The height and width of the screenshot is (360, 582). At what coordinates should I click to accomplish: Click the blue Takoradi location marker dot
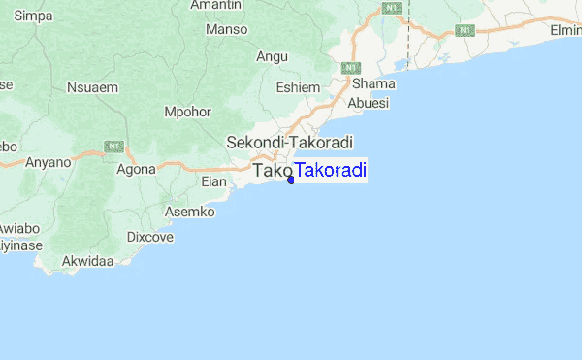point(291,179)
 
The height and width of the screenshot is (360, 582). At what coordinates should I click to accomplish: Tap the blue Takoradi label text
point(330,171)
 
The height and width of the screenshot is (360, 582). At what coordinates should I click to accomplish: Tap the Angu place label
point(272,57)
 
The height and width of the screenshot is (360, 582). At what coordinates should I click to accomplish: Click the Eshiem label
point(298,87)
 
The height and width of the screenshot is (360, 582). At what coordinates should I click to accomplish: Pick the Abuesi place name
point(370,103)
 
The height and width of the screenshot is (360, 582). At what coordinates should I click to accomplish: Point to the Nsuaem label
point(91,87)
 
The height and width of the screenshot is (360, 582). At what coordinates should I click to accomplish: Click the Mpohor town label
point(188,112)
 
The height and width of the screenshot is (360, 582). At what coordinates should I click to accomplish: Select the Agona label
point(136,168)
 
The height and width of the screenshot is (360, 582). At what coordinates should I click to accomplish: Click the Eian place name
point(213,181)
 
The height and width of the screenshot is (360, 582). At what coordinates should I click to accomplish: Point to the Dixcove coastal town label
point(150,236)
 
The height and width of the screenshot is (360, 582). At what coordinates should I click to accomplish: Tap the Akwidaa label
point(87,261)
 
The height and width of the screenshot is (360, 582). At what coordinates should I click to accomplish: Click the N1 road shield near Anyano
point(114,146)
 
